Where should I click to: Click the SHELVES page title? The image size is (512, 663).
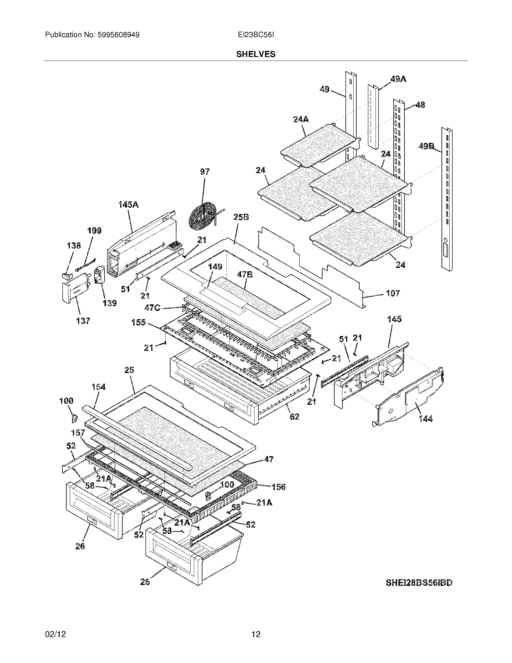click(x=256, y=54)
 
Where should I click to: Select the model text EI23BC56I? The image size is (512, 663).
click(x=256, y=35)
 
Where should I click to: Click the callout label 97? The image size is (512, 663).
click(x=204, y=172)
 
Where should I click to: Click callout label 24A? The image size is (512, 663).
click(x=301, y=119)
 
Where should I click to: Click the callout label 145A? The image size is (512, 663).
click(x=128, y=205)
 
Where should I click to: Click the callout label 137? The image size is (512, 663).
click(x=83, y=321)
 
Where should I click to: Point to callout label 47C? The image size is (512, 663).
click(x=152, y=307)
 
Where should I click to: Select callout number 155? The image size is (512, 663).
click(x=138, y=322)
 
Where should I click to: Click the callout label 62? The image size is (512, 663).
click(x=294, y=416)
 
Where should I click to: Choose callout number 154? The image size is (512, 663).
click(x=98, y=387)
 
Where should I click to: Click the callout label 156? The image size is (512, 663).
click(x=278, y=487)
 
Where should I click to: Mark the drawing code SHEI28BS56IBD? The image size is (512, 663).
click(x=419, y=583)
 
